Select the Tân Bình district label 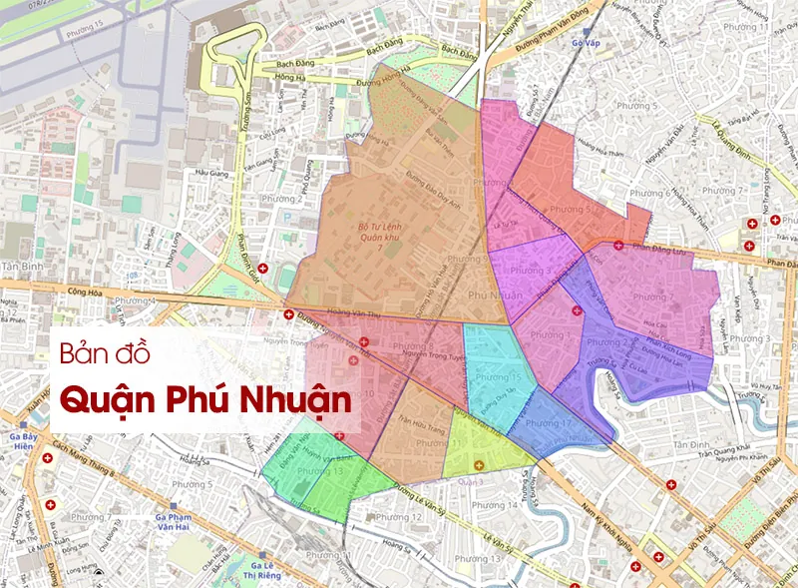click(21, 268)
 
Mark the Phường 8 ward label click(413, 347)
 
